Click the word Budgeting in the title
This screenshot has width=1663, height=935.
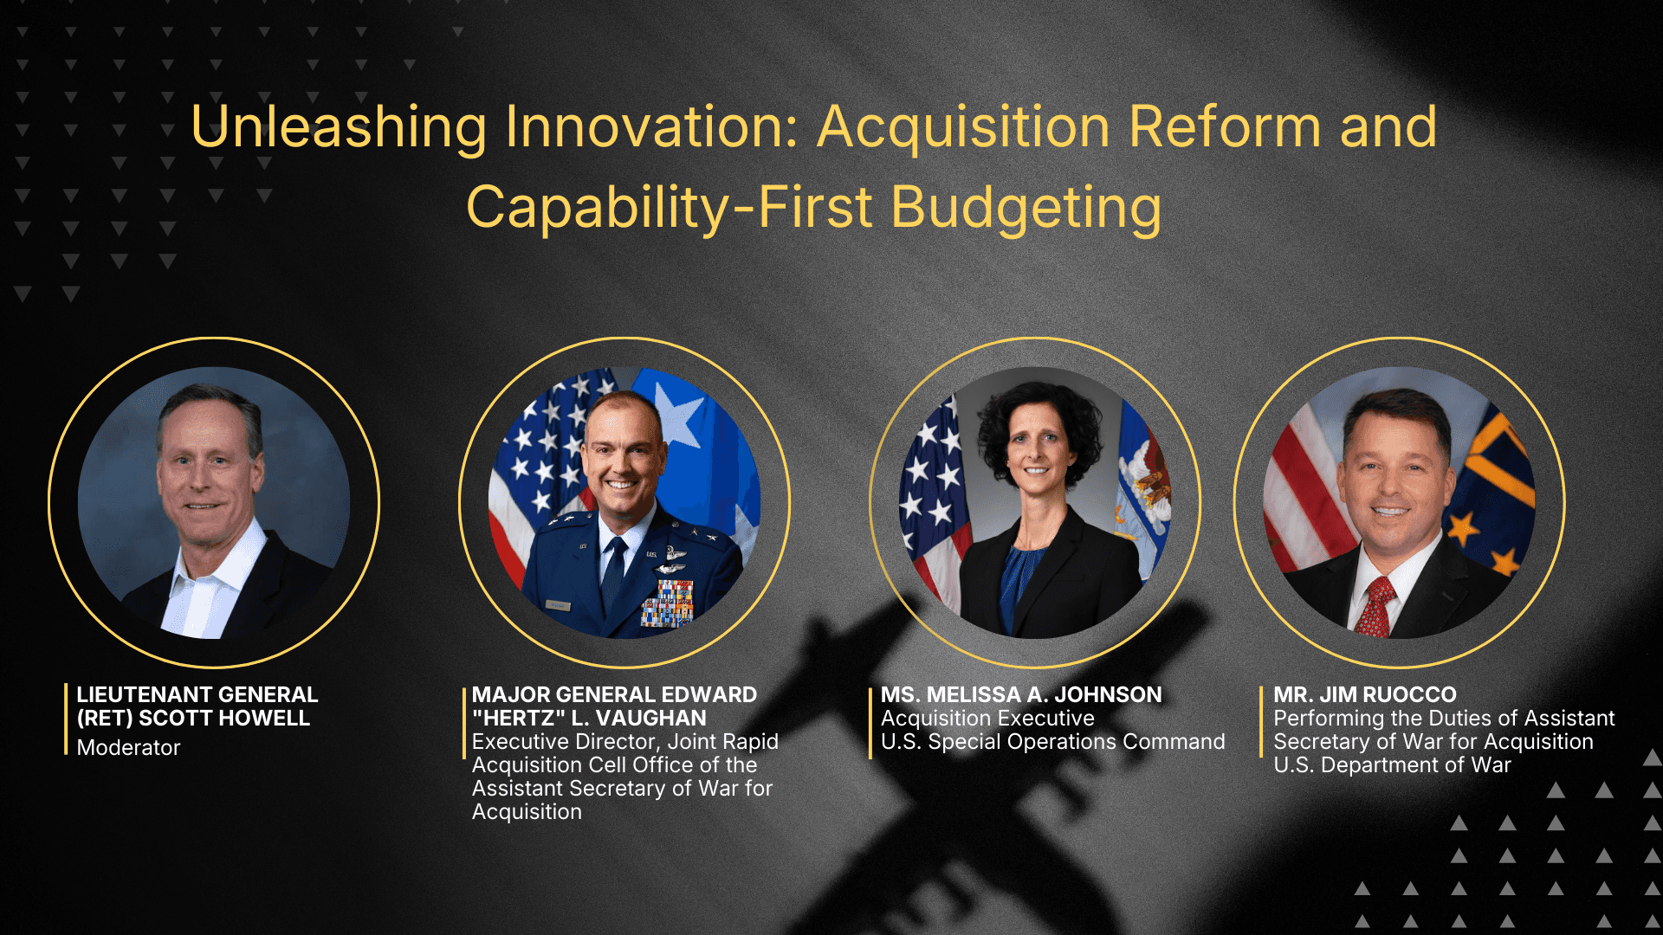click(x=1026, y=209)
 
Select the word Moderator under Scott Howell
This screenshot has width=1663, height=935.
click(x=128, y=747)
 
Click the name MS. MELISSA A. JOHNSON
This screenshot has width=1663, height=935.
click(x=1021, y=694)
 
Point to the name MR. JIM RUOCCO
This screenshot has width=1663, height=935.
click(x=1365, y=694)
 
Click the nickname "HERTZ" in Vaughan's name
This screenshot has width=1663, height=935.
click(x=518, y=718)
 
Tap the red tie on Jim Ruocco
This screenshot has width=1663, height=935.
click(x=1375, y=607)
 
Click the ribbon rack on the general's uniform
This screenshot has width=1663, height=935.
click(x=667, y=603)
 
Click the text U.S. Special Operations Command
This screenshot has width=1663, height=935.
click(x=1053, y=742)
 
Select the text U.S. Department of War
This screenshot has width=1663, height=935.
click(x=1392, y=765)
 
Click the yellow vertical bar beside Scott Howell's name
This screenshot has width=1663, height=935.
click(x=66, y=719)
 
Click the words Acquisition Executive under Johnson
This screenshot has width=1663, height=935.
click(x=987, y=719)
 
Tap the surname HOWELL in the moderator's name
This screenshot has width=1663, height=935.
click(x=268, y=718)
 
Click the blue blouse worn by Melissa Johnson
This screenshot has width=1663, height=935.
click(x=1022, y=580)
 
